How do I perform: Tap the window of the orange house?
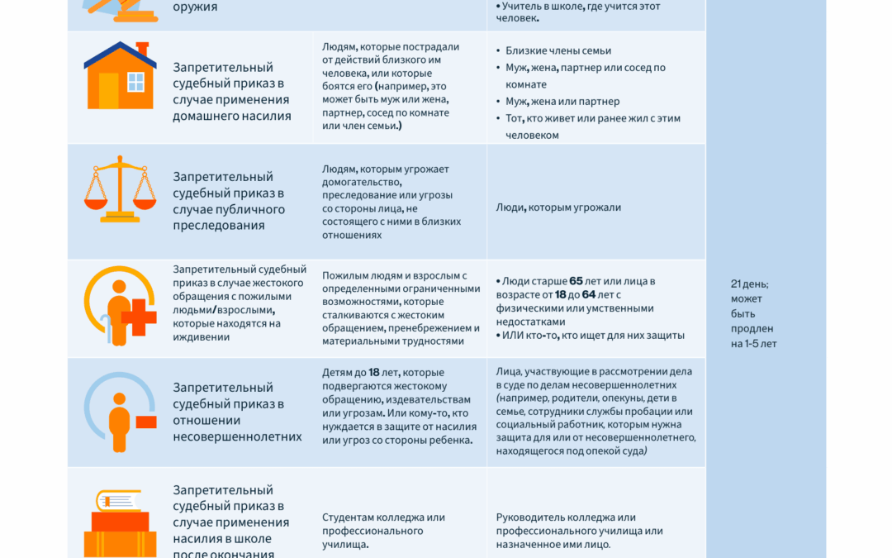coord(135,82)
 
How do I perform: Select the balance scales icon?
coord(120,190)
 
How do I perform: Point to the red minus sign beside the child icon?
coord(145,422)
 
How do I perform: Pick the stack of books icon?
coord(120,525)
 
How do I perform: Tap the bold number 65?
coord(576,281)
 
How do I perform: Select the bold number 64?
coord(589,294)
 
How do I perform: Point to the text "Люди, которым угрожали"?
coord(558,207)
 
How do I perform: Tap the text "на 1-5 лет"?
coord(754,344)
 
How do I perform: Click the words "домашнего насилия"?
coord(231,116)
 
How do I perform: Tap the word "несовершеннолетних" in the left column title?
coord(237,436)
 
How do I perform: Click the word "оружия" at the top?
coord(195,7)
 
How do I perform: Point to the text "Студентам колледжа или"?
coord(383,517)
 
